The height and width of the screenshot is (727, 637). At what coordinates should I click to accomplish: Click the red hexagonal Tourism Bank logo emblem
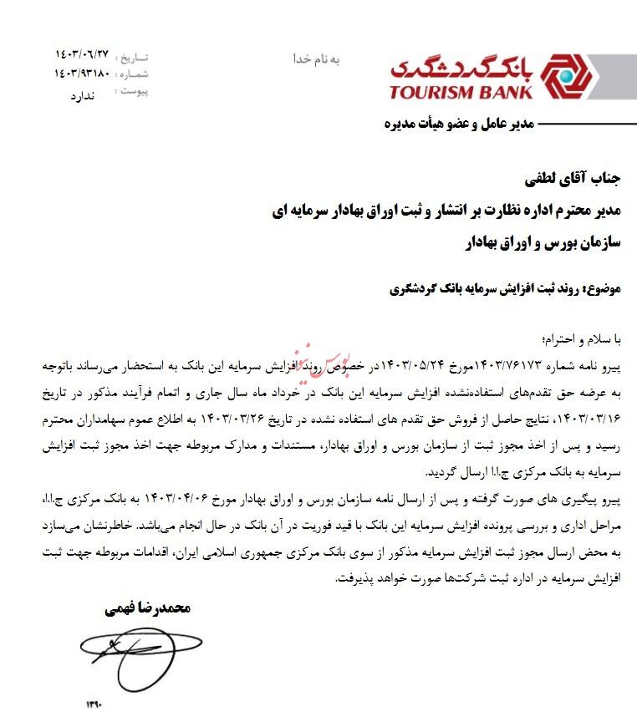coord(567,78)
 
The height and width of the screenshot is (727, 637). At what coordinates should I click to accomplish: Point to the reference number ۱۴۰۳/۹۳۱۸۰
coord(82,74)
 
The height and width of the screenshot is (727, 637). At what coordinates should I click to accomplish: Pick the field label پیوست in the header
coord(133,91)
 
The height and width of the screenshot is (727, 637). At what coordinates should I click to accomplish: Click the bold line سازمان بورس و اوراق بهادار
coord(544,241)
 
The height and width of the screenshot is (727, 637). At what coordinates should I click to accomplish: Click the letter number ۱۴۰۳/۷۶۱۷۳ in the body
coord(510,365)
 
